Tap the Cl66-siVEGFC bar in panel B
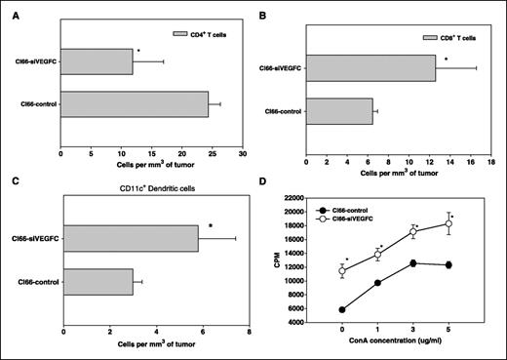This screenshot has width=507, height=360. (370, 68)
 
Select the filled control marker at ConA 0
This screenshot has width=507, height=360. (341, 310)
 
